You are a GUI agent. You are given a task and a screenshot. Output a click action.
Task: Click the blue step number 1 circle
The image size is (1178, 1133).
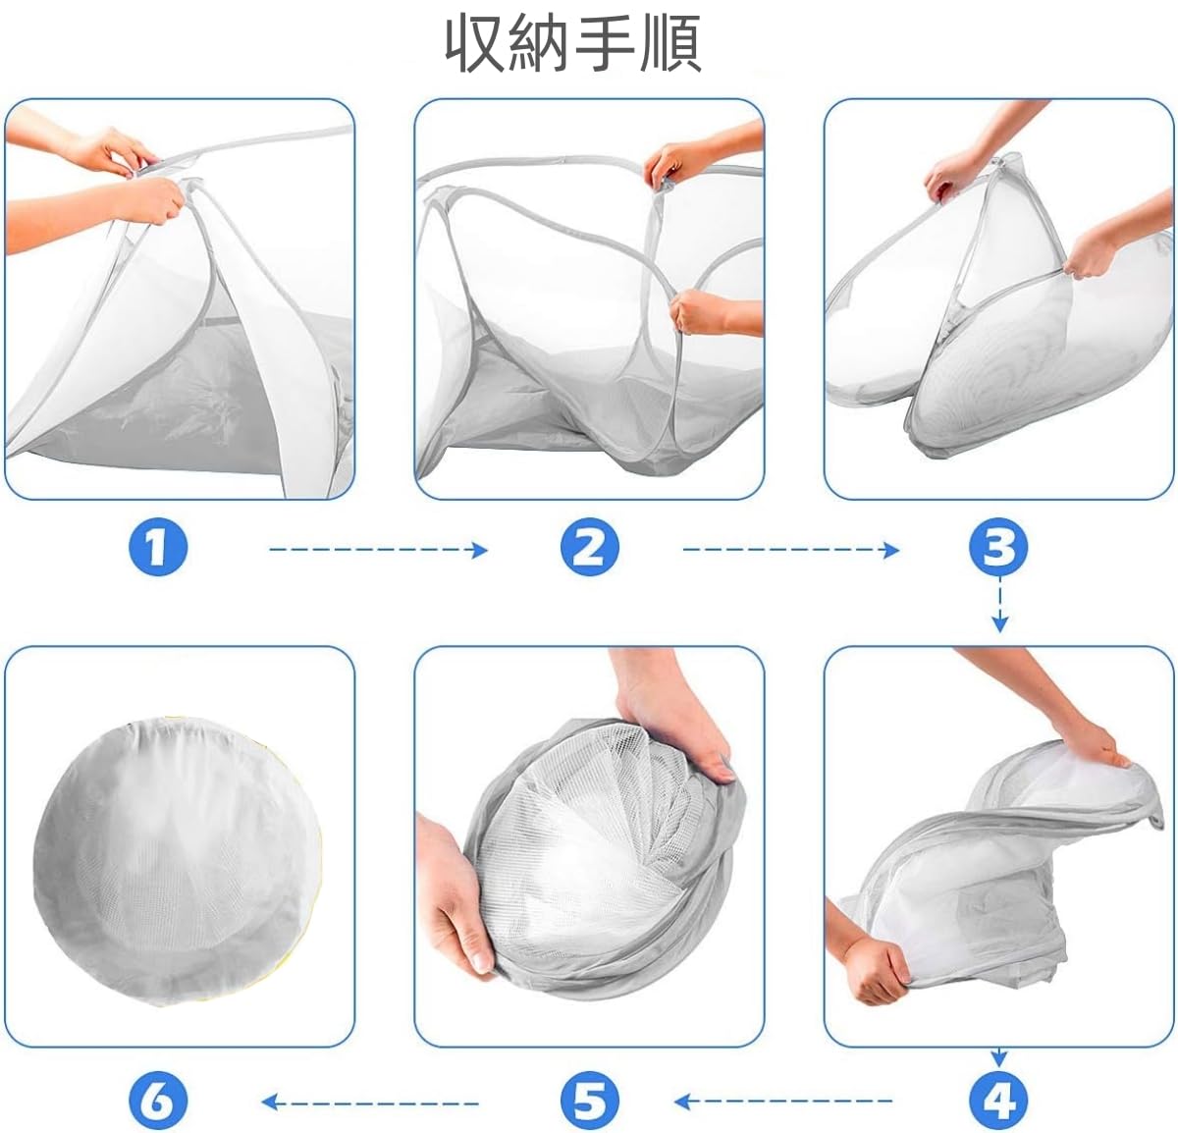[159, 549]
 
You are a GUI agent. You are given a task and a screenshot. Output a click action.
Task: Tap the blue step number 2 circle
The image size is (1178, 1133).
[590, 549]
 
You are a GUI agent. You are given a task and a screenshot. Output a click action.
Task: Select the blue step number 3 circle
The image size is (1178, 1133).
[998, 548]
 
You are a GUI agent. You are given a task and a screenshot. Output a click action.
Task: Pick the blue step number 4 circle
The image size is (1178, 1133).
[998, 1101]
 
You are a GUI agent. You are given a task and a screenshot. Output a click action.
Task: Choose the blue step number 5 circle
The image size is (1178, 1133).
[590, 1101]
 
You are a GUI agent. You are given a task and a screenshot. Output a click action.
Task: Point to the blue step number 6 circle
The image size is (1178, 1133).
[159, 1101]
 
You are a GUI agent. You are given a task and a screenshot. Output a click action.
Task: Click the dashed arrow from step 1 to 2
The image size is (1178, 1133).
[379, 550]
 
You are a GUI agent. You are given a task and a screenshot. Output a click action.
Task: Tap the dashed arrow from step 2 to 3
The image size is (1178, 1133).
[791, 550]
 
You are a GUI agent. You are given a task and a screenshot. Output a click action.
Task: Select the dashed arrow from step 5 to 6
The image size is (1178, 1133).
[370, 1102]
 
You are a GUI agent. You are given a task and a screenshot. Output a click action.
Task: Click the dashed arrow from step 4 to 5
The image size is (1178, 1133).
[782, 1101]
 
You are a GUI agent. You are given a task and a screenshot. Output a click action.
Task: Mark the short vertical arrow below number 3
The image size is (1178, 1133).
[999, 606]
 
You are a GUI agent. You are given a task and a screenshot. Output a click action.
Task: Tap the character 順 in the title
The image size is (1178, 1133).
[670, 44]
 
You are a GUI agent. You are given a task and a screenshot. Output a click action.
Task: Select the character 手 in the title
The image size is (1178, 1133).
[605, 44]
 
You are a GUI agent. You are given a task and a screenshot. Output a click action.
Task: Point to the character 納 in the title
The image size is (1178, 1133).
[540, 44]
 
